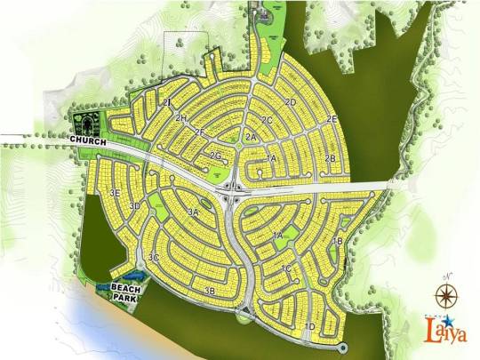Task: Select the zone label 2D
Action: click(x=290, y=102)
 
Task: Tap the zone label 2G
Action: click(x=215, y=156)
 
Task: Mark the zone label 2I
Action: click(x=166, y=103)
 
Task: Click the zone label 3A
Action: click(x=193, y=212)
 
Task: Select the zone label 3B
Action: click(x=210, y=291)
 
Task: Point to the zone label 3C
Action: click(x=154, y=258)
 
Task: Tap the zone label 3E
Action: click(x=114, y=193)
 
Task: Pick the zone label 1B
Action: click(x=337, y=241)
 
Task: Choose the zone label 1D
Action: click(x=308, y=327)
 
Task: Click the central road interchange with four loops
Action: click(x=234, y=188)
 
